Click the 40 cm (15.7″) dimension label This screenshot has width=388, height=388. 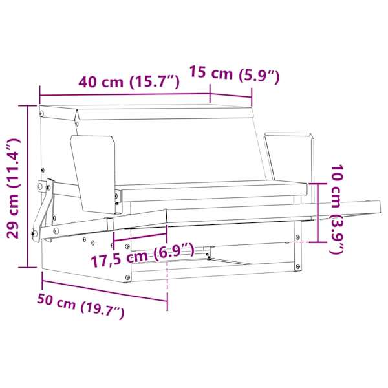(129, 82)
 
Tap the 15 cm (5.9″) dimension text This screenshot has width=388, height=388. (234, 74)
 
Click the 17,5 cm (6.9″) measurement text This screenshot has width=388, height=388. (143, 255)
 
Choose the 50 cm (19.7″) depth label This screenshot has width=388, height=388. (81, 306)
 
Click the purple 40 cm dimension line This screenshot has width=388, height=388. (125, 94)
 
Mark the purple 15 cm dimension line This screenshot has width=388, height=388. (231, 96)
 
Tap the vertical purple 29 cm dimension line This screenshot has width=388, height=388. (28, 186)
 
